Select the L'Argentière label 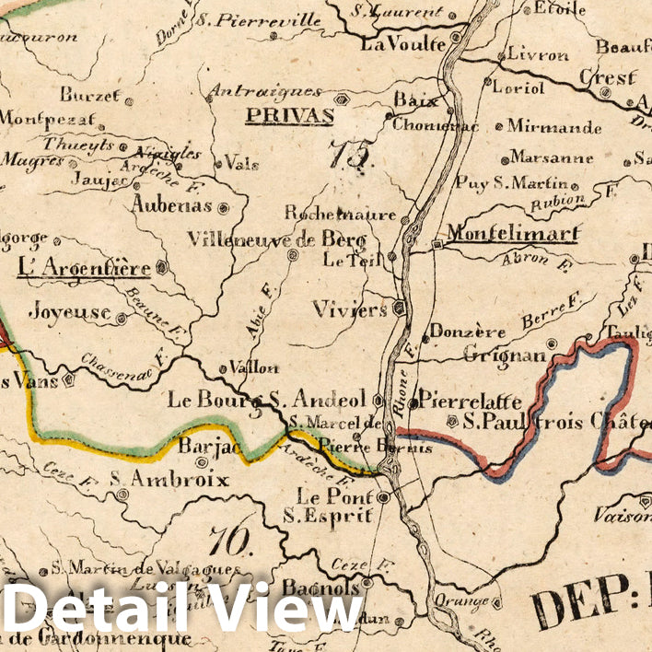coord(84,269)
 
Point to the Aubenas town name coord(171,205)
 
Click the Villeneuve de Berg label coord(276,239)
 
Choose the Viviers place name coord(349,309)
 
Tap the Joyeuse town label coord(69,312)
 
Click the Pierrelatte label coord(470,401)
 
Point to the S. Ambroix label coord(169,479)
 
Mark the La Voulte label coord(402,42)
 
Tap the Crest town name coord(607,76)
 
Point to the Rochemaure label coord(340,214)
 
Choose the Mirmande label coord(554,126)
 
